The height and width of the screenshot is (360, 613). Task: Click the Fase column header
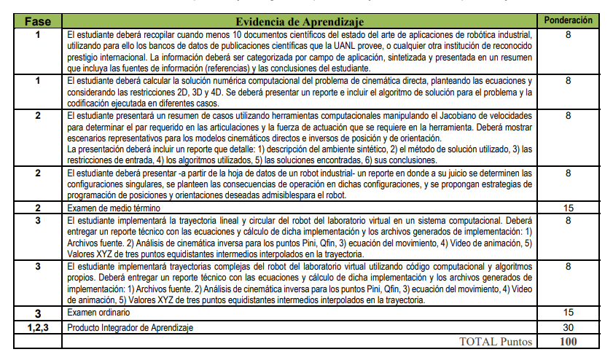click(38, 22)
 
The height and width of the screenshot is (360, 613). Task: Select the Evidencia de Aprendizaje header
click(300, 22)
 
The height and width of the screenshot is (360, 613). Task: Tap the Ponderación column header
click(568, 20)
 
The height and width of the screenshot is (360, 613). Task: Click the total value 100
click(568, 341)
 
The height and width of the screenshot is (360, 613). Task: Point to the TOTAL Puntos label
click(496, 341)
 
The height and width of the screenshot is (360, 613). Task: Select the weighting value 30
click(568, 327)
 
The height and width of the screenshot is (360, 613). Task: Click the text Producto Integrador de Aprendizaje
click(130, 328)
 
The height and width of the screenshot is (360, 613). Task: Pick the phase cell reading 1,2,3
click(38, 327)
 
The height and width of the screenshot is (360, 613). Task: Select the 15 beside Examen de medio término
click(568, 208)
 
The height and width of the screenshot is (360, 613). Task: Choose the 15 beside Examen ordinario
click(568, 313)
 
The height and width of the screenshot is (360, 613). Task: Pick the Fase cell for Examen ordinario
click(38, 313)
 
